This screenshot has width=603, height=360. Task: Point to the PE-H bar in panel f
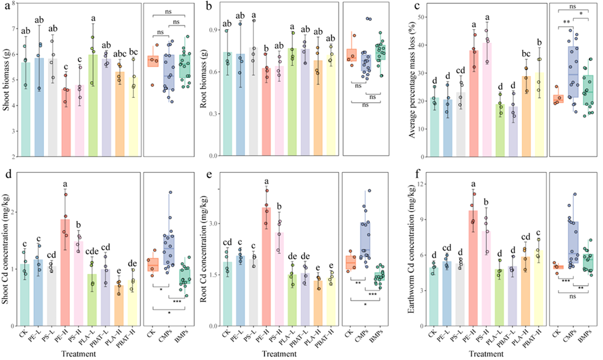474,268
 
